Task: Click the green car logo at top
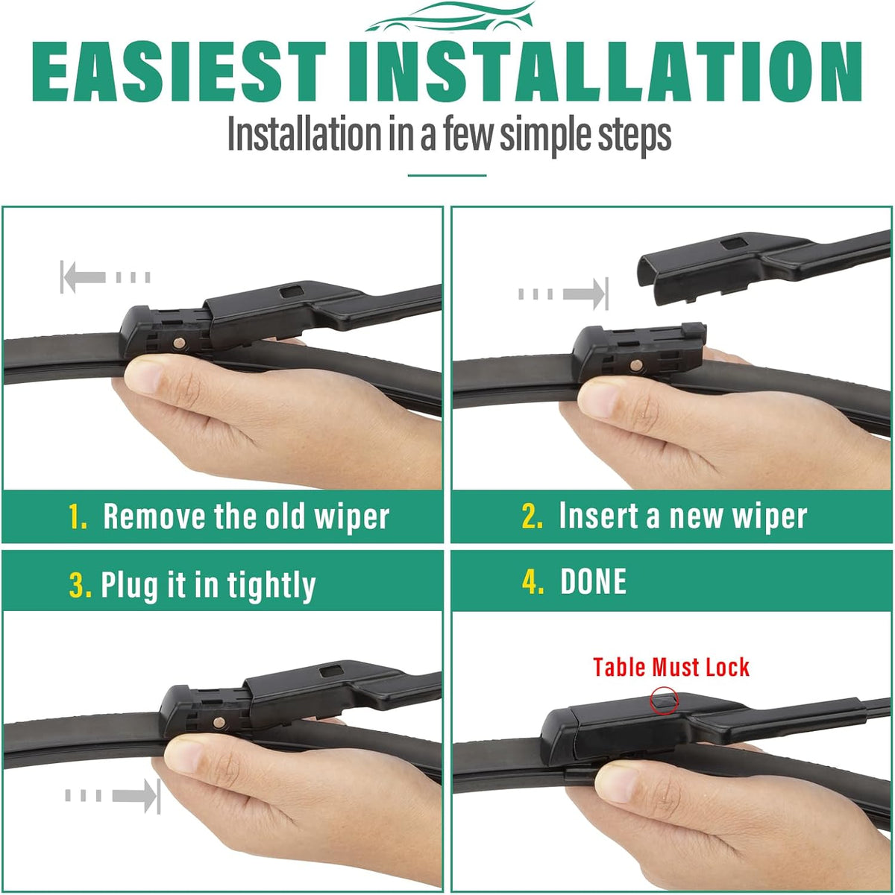(450, 17)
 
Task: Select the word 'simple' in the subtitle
(546, 136)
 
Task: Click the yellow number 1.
(77, 516)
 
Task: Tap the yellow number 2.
(532, 516)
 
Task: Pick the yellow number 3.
(80, 585)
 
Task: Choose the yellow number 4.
(533, 581)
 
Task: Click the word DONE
(593, 581)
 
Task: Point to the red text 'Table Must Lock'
(671, 668)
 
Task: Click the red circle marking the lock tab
(664, 701)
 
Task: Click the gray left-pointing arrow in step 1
(105, 277)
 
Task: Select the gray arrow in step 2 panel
(563, 294)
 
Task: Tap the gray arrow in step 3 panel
(113, 796)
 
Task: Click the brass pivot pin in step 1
(179, 344)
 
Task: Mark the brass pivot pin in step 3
(219, 722)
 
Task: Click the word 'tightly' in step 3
(271, 586)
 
